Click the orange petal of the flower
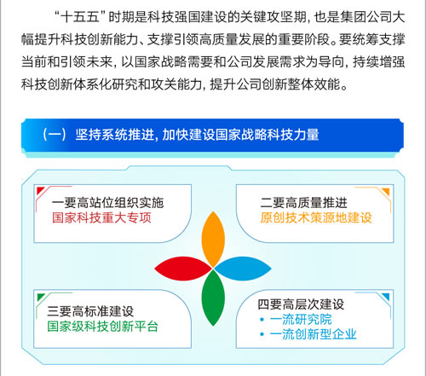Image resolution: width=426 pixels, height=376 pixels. [213, 239]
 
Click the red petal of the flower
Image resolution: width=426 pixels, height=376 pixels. [183, 269]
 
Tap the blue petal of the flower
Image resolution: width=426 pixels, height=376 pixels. [243, 269]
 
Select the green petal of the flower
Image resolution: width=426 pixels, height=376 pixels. [213, 298]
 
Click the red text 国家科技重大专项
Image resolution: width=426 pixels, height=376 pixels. [101, 218]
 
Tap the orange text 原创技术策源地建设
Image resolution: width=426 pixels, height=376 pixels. [316, 218]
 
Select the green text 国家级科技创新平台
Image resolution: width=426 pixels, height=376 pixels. [102, 327]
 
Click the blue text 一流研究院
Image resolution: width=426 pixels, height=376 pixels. [301, 320]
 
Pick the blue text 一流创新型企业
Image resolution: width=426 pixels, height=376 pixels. [314, 334]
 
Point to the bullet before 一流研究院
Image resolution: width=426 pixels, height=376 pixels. [262, 320]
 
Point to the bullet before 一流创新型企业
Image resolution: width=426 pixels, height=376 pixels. [262, 334]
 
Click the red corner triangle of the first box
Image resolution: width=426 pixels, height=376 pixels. [40, 190]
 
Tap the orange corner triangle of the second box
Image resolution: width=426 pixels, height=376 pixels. [386, 192]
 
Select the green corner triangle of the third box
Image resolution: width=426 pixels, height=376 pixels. [41, 297]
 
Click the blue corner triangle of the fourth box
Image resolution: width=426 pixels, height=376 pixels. [386, 297]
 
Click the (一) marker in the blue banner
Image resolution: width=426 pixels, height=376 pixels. [55, 135]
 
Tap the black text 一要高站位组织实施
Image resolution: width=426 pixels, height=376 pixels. [107, 203]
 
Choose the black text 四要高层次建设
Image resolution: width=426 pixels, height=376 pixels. [301, 304]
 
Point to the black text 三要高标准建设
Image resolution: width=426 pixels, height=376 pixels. [90, 311]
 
